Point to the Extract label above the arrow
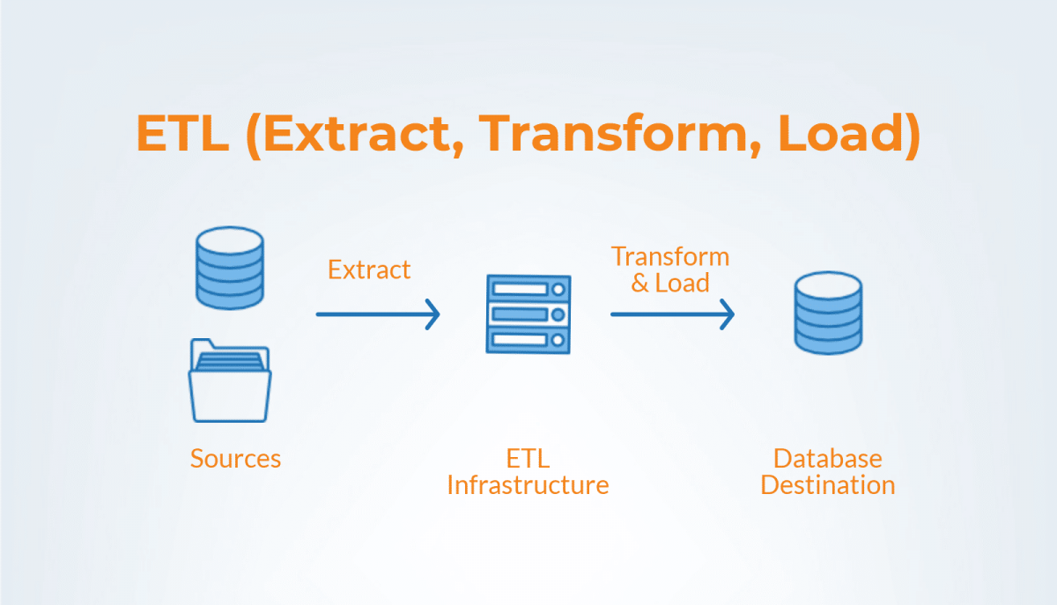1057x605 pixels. click(369, 269)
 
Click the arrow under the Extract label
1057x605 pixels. click(377, 314)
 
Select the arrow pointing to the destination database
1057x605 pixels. click(671, 314)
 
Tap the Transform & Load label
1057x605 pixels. click(670, 269)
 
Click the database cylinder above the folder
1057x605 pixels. click(229, 268)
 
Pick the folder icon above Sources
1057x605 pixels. click(229, 381)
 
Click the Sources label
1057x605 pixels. click(235, 459)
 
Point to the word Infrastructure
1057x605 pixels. click(528, 485)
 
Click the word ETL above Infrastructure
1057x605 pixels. click(528, 459)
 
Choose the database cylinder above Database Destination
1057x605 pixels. click(827, 314)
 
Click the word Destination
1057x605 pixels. click(827, 485)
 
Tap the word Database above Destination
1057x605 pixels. click(827, 459)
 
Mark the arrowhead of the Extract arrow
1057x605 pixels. click(432, 314)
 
